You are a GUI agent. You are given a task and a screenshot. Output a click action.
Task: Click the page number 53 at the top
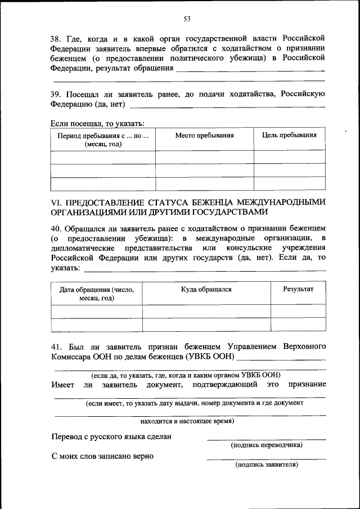click(187, 19)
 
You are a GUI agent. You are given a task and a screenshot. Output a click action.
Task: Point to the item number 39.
click(55, 94)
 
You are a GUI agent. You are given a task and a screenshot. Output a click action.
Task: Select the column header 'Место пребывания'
click(204, 136)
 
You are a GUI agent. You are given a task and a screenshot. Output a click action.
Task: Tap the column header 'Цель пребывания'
click(289, 136)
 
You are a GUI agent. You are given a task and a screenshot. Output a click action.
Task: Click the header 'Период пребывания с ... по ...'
click(103, 139)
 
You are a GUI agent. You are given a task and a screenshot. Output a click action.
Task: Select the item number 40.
click(56, 228)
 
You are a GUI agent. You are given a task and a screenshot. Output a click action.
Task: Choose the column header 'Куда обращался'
click(206, 289)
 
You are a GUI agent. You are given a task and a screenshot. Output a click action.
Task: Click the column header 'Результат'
click(298, 289)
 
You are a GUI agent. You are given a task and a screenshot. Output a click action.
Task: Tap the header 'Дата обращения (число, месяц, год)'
click(96, 294)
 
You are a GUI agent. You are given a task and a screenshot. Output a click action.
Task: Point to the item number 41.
click(56, 345)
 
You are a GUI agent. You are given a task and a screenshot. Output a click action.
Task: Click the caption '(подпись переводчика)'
click(267, 445)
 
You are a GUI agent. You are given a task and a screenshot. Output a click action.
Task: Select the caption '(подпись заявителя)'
click(267, 465)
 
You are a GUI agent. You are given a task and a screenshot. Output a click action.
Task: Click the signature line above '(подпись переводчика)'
click(266, 439)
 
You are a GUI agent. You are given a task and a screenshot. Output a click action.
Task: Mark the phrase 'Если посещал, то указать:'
click(97, 123)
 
